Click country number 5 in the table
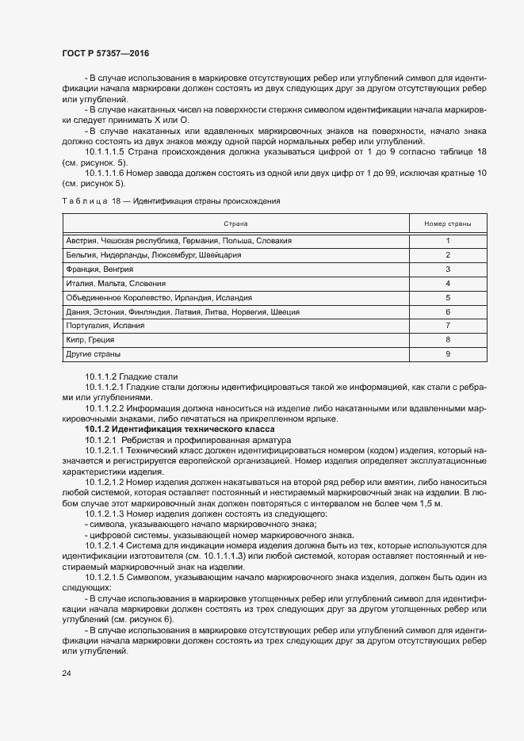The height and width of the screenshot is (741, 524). pos(447,297)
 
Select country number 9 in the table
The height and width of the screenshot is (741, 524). pos(447,354)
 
